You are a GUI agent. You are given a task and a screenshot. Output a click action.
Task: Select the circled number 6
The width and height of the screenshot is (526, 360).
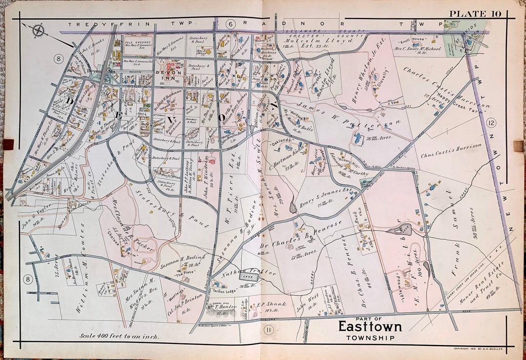(x=231, y=23)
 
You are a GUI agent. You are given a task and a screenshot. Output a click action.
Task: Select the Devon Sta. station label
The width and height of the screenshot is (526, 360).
(x=97, y=71)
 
